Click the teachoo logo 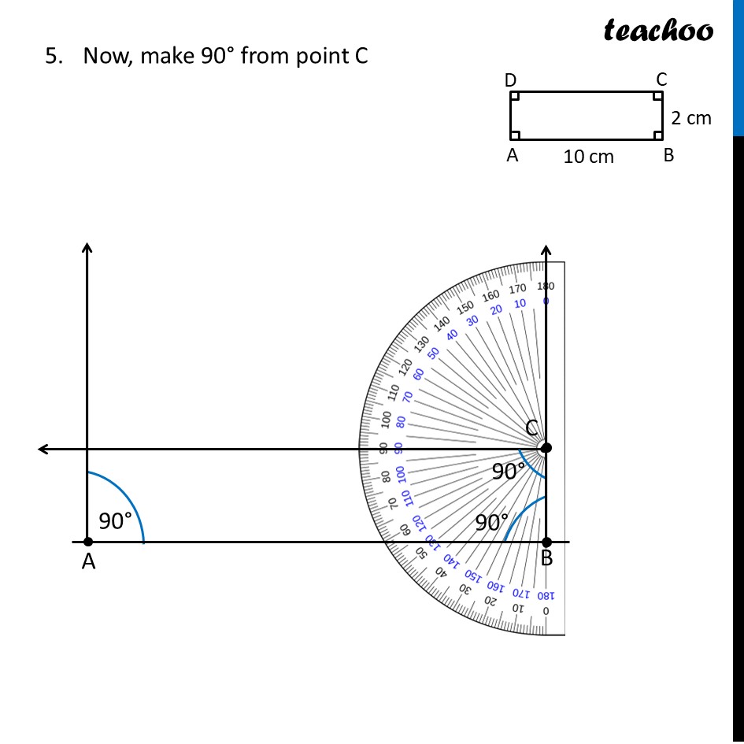coord(658,31)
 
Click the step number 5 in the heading coord(51,57)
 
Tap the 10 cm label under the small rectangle coord(588,157)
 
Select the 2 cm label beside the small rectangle coord(690,118)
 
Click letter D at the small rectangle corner coord(511,80)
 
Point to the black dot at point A coord(87,542)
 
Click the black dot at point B coord(546,542)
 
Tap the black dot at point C coord(546,448)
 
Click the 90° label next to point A coord(115,520)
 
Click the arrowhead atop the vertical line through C coord(546,250)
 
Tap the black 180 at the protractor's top coord(546,286)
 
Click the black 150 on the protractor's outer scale coord(466,306)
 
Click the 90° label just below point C coord(508,472)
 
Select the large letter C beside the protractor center coord(532,428)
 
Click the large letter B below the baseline coord(546,560)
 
